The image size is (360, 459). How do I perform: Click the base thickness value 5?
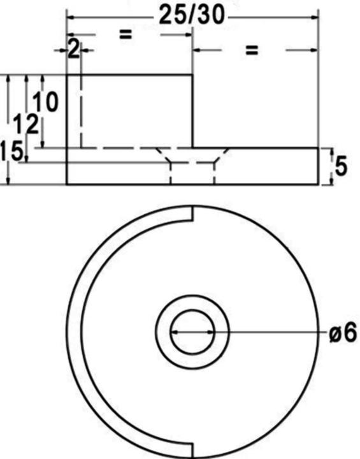click(x=340, y=166)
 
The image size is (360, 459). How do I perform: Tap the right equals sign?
click(x=252, y=50)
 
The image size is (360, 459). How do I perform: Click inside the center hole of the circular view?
click(x=192, y=332)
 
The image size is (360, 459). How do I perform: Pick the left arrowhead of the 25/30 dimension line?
click(x=71, y=17)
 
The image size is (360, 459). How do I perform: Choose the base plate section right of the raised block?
click(x=268, y=166)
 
